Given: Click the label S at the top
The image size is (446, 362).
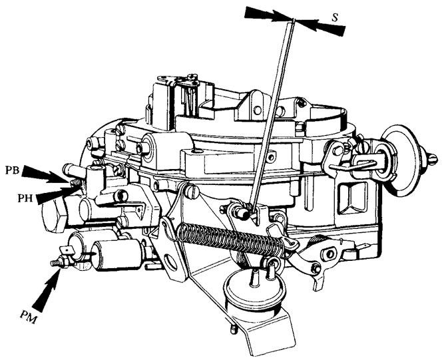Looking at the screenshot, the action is click(x=335, y=17).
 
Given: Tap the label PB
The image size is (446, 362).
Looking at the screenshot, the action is click(x=12, y=170).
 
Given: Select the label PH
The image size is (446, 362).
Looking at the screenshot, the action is click(x=25, y=198).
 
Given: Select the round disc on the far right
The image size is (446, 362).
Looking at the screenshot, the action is click(x=401, y=160).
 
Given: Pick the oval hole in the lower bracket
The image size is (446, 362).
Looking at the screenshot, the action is click(x=172, y=262).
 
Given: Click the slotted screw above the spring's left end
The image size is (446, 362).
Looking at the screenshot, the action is click(x=192, y=191).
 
